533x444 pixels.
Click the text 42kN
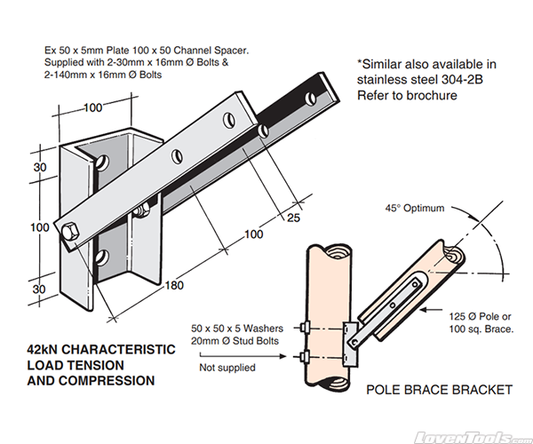pos(47,349)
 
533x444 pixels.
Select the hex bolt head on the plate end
pos(70,234)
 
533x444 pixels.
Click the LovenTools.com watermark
pos(476,437)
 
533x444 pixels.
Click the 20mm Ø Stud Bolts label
pos(239,339)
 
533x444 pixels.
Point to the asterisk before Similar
pos(361,63)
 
